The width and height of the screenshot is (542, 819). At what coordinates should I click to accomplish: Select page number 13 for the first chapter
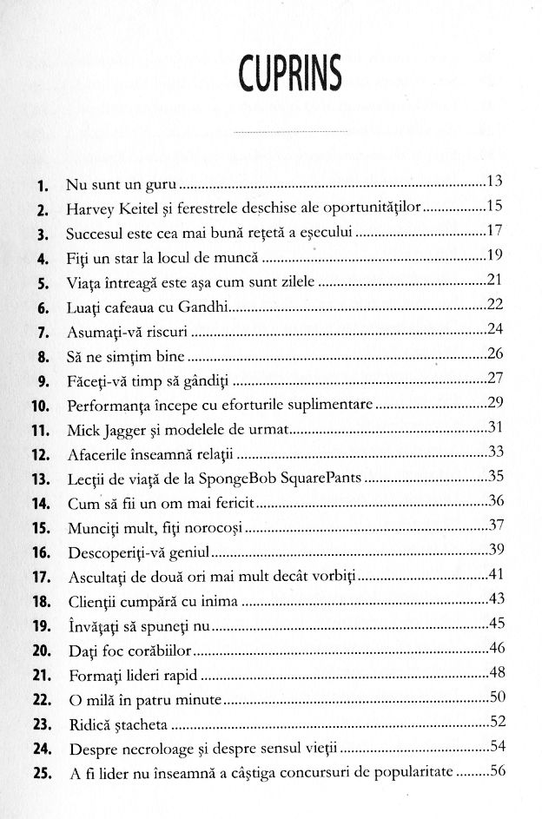[x=496, y=182]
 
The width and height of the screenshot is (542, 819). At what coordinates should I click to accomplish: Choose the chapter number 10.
[x=42, y=405]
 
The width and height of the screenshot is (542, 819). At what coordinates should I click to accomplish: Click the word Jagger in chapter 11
[x=127, y=429]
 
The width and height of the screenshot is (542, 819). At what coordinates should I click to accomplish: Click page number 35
[x=497, y=477]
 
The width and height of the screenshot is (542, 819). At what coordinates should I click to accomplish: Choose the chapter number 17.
[x=42, y=577]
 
